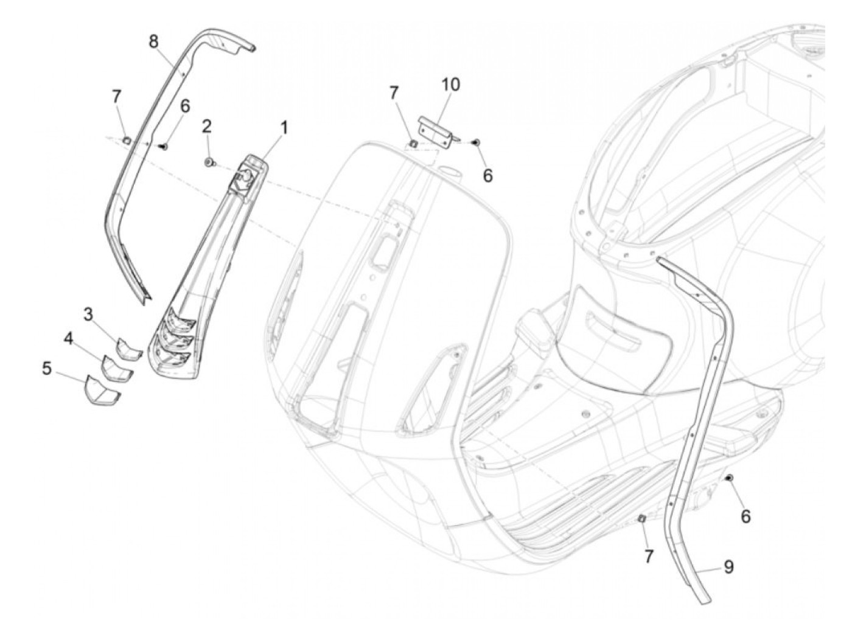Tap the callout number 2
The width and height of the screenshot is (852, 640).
(x=207, y=126)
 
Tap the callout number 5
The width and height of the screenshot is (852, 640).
(x=47, y=369)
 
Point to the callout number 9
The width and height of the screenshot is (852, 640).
(x=728, y=567)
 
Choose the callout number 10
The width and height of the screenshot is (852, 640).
(x=450, y=85)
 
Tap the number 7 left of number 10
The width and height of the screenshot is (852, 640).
(x=394, y=92)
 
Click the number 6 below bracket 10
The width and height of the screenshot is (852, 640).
(x=487, y=175)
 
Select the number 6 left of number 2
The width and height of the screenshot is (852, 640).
(x=184, y=106)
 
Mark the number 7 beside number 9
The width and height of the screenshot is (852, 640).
(x=649, y=555)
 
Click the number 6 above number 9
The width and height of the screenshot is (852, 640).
(x=745, y=517)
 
